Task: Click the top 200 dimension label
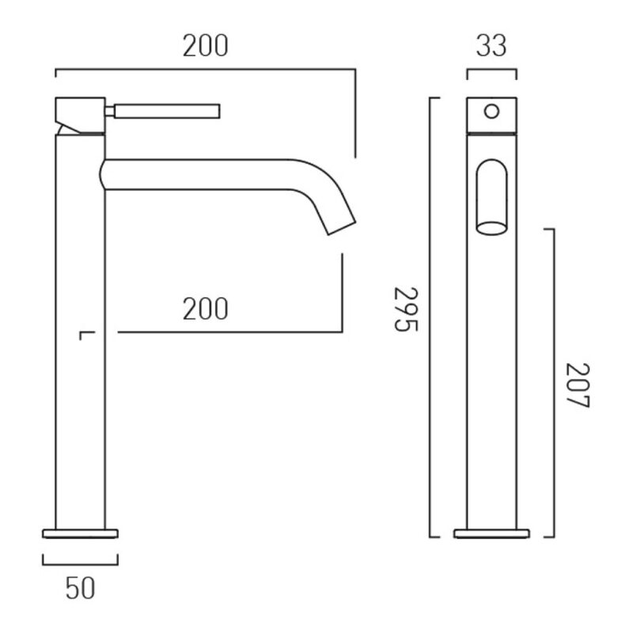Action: click(x=206, y=46)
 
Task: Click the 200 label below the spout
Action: click(x=206, y=309)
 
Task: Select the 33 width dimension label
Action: click(x=491, y=46)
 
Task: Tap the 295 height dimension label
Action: click(x=406, y=309)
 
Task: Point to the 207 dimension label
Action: click(x=578, y=385)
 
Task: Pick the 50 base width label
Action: click(x=80, y=588)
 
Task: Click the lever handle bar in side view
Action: click(x=167, y=112)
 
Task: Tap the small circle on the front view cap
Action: click(x=491, y=111)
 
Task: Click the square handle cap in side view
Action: click(x=80, y=115)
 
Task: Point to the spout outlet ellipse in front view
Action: click(x=491, y=228)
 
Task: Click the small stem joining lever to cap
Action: click(x=110, y=112)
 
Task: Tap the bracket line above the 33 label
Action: click(x=491, y=70)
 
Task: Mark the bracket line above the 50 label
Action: click(x=80, y=564)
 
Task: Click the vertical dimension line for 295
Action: click(x=430, y=317)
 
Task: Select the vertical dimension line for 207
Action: click(x=553, y=383)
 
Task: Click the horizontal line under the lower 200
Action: click(x=230, y=332)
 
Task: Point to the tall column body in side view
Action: click(x=80, y=332)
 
